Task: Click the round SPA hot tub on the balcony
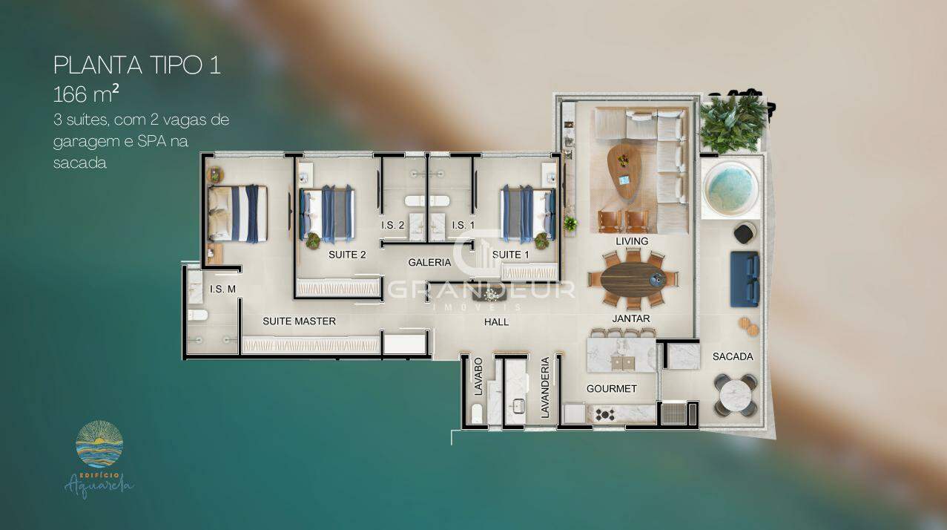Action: tap(730, 188)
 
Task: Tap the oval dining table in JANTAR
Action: tap(633, 279)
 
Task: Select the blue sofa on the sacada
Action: tap(745, 279)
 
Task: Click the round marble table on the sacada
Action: tap(735, 395)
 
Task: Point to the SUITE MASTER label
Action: tap(300, 321)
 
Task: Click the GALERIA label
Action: tap(429, 263)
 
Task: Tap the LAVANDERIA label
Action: tap(545, 387)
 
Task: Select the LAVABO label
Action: tap(478, 377)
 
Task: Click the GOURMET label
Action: tap(611, 389)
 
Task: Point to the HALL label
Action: tap(496, 322)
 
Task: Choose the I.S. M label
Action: tap(222, 289)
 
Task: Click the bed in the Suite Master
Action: tap(237, 214)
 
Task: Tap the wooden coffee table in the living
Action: tap(624, 171)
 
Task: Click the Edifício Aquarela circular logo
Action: tap(99, 444)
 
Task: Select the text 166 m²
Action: tap(86, 94)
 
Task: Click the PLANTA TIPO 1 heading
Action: tap(137, 65)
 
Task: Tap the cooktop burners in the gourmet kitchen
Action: tap(605, 415)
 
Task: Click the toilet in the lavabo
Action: tap(477, 413)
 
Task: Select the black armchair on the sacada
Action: tap(745, 233)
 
